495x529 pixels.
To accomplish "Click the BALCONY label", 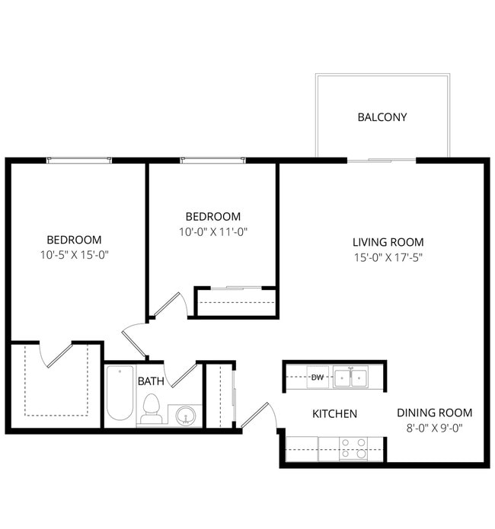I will coord(382,117).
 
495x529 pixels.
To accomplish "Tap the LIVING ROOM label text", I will coord(388,242).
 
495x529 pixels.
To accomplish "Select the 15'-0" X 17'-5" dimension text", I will coord(388,257).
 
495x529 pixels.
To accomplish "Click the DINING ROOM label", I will coord(434,413).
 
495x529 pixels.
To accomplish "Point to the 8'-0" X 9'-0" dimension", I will coord(434,428).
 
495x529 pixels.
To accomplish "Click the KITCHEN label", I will coord(335,414).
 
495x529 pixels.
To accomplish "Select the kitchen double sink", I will coord(350,376).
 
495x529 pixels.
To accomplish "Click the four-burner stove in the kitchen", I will coord(353,448).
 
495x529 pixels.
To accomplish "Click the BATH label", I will coord(151,380).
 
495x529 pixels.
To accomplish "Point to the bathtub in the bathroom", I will coord(120,394).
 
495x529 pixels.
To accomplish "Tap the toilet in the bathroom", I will coord(152,409).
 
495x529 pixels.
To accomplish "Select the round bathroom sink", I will coord(184,416).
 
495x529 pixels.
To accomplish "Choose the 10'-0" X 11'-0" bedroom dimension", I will coord(213,231).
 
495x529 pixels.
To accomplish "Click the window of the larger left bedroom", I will coord(79,160).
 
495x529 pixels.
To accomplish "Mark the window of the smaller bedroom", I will coord(213,160).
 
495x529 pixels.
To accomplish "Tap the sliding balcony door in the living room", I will coord(382,160).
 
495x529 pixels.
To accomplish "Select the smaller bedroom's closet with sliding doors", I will coord(235,302).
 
